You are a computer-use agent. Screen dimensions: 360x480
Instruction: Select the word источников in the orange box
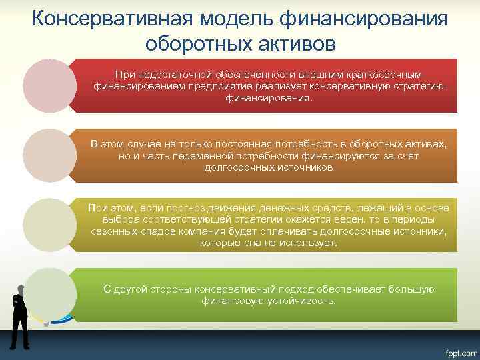tap(299, 167)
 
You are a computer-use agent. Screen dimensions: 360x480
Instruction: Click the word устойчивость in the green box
tap(300, 301)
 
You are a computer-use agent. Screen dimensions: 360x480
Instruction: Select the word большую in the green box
tap(414, 289)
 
